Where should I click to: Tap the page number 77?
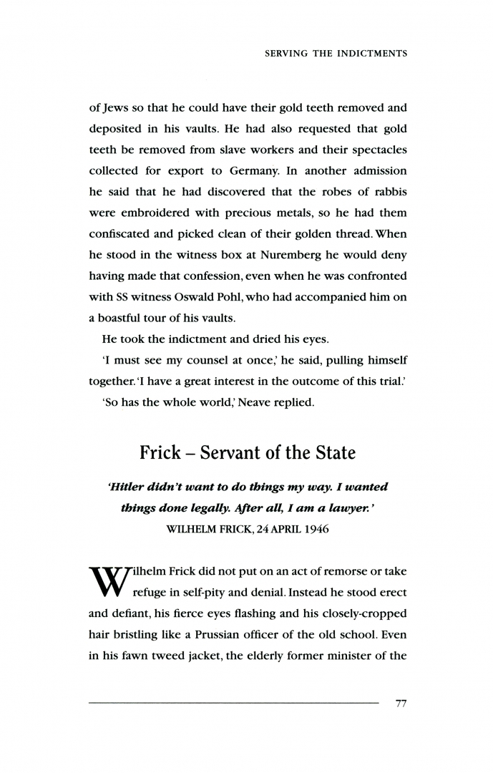(401, 704)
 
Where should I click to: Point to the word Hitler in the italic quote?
(126, 487)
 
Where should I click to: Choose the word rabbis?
(386, 192)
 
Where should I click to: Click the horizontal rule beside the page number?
(233, 704)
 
